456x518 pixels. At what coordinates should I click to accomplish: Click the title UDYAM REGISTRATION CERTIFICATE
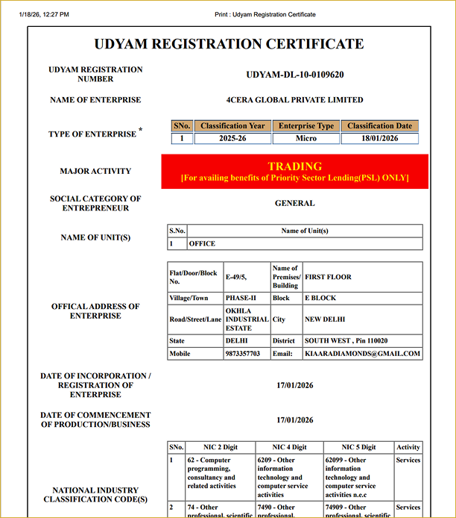pyautogui.click(x=229, y=44)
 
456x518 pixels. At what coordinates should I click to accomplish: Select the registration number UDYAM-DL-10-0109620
pyautogui.click(x=294, y=75)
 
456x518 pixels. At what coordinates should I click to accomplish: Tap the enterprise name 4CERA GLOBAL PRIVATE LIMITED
pyautogui.click(x=294, y=100)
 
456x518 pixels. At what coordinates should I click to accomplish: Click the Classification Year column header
pyautogui.click(x=232, y=126)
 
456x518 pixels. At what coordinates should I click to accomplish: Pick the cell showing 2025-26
pyautogui.click(x=232, y=138)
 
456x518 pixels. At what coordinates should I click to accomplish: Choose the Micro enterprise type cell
pyautogui.click(x=305, y=138)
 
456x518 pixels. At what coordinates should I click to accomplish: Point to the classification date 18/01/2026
pyautogui.click(x=379, y=138)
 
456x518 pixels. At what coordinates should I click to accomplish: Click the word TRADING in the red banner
pyautogui.click(x=294, y=166)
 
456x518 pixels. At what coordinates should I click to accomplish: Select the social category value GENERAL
pyautogui.click(x=294, y=203)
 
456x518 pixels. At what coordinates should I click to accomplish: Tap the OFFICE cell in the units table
pyautogui.click(x=202, y=243)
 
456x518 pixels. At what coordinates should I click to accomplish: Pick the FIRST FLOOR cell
pyautogui.click(x=328, y=277)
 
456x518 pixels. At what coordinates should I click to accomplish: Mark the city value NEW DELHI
pyautogui.click(x=324, y=319)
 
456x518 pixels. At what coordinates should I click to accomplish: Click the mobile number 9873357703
pyautogui.click(x=242, y=353)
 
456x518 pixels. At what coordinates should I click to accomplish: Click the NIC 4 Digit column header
pyautogui.click(x=289, y=447)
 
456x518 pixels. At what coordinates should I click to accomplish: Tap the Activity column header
pyautogui.click(x=408, y=447)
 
